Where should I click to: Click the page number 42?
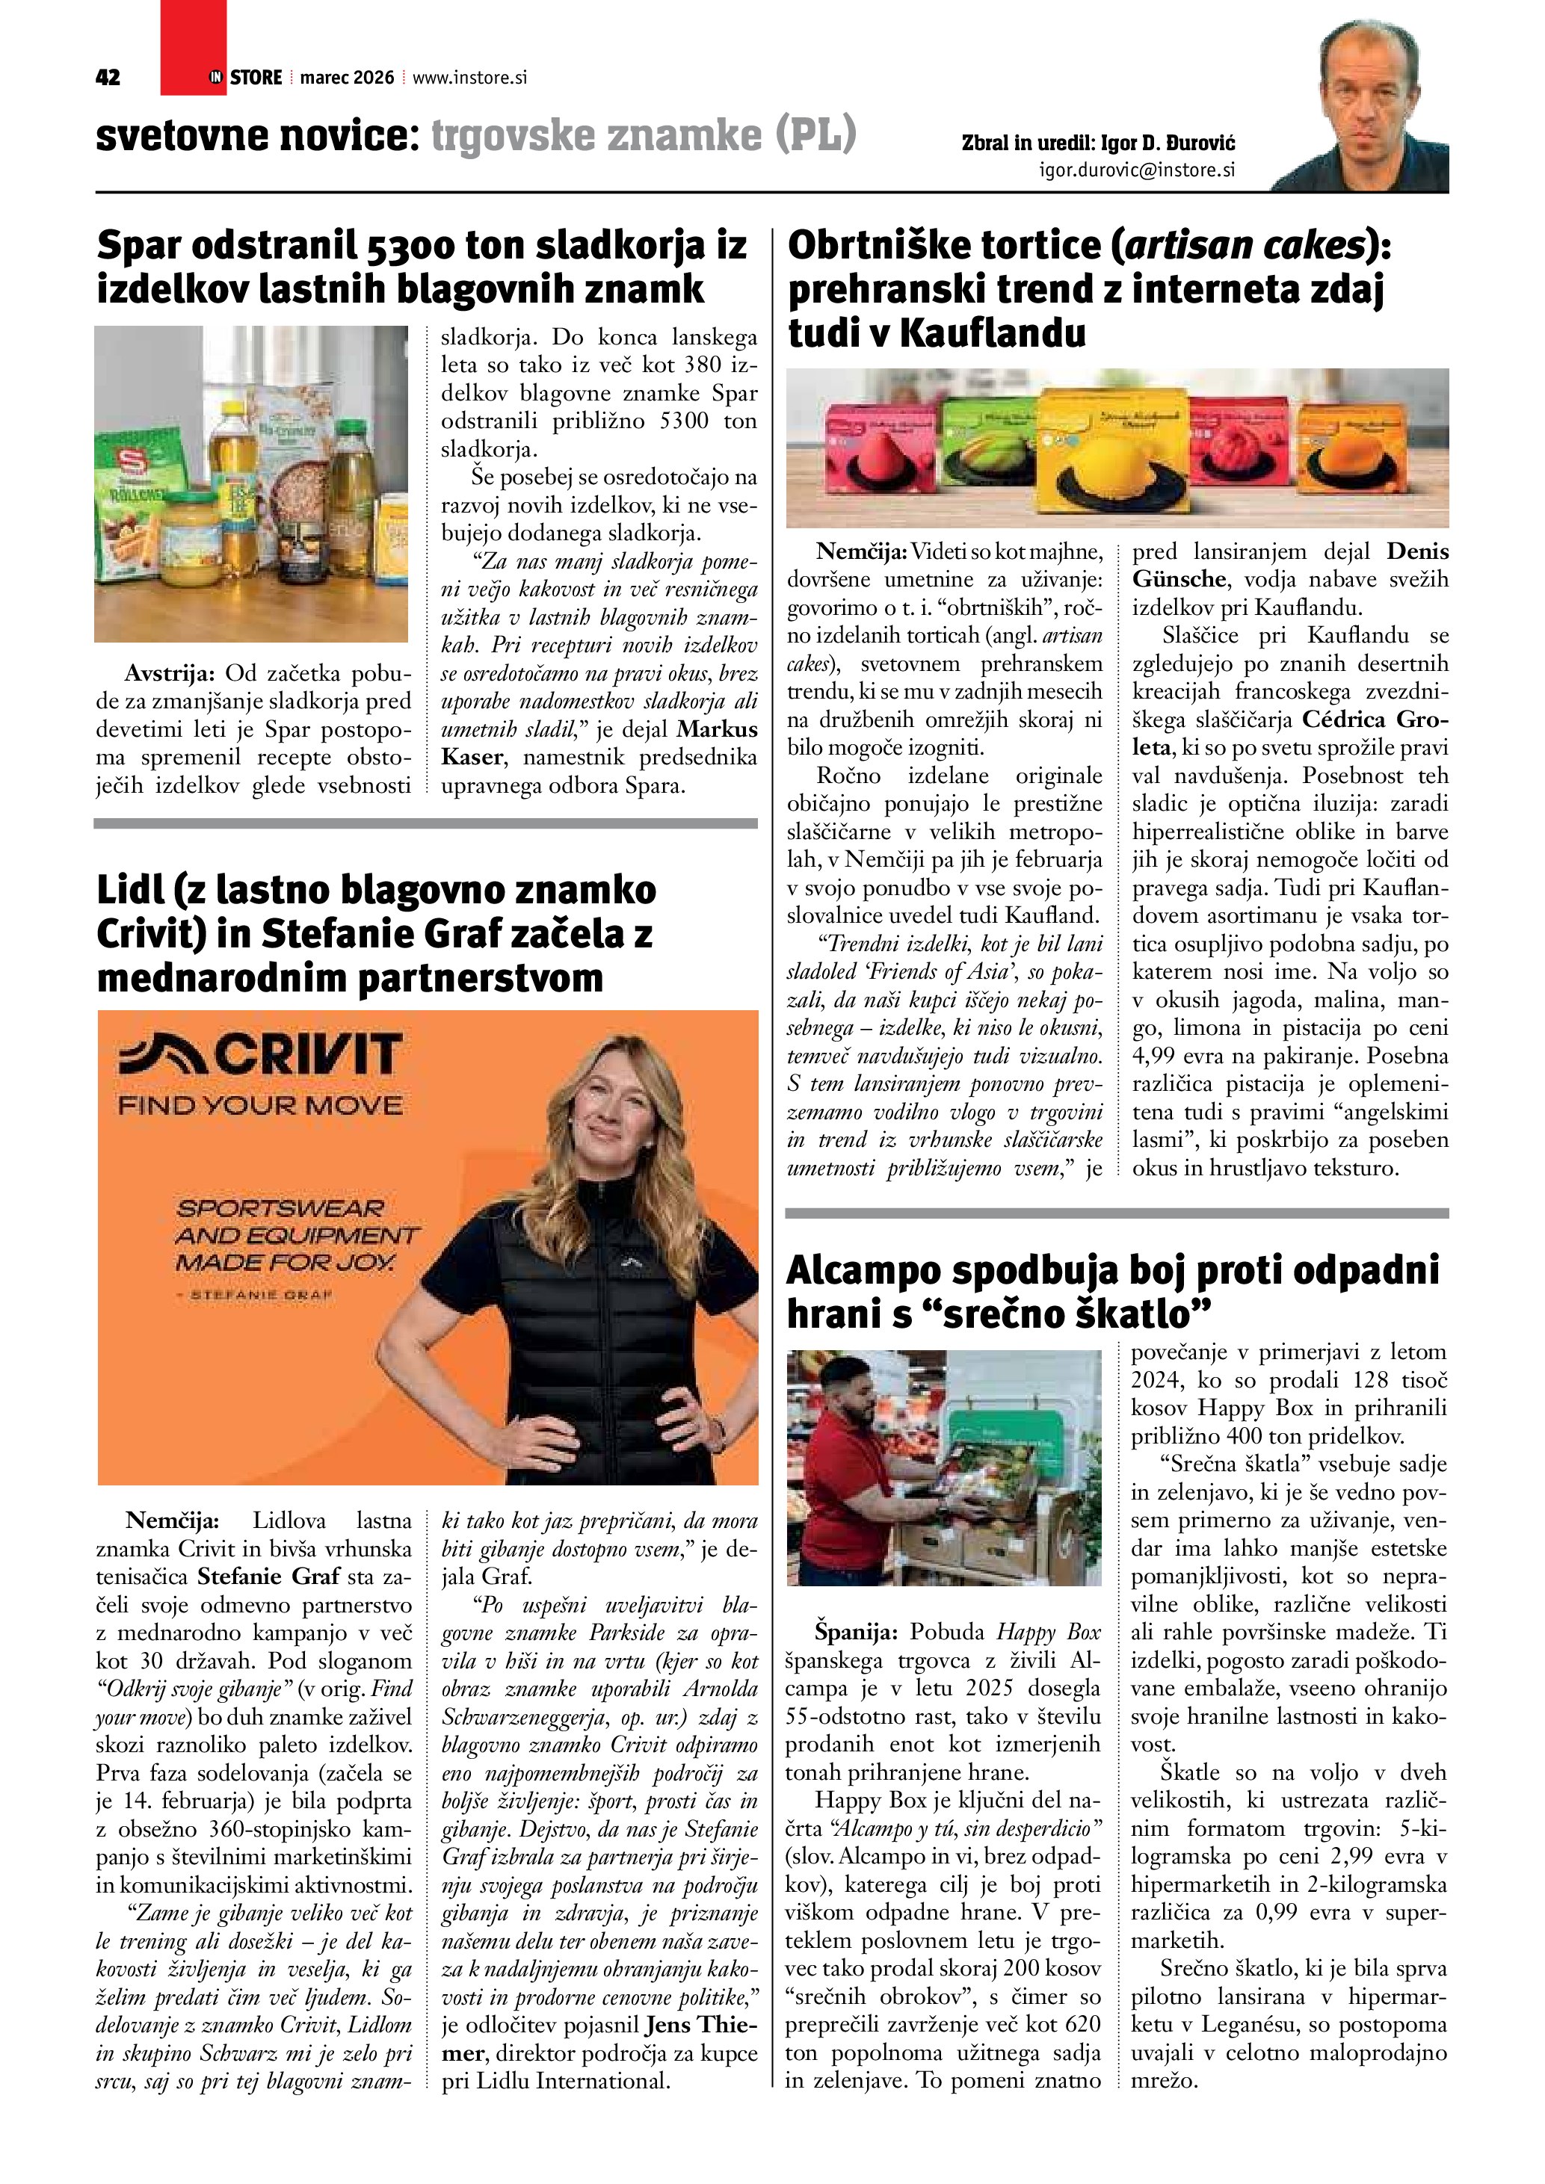108,78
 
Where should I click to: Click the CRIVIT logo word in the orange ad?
258,1055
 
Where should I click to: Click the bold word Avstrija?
170,673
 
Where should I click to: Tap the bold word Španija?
855,1633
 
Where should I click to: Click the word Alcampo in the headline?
862,1271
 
